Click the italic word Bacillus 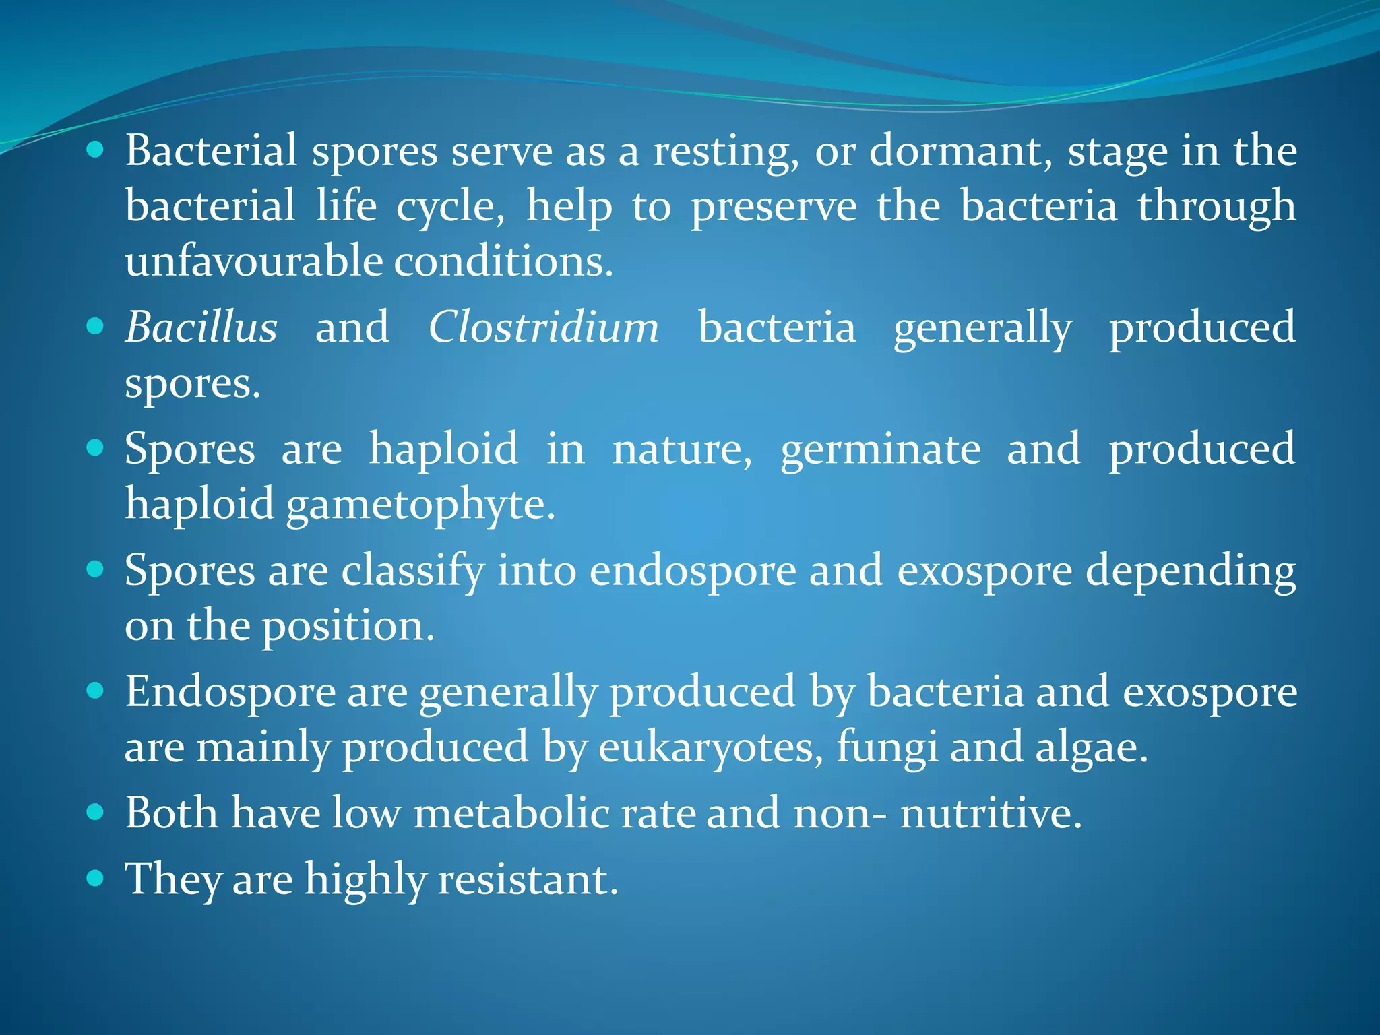point(201,328)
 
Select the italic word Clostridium point(543,328)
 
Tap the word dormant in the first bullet point(960,151)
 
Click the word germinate point(880,450)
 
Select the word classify point(412,572)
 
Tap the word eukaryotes point(710,749)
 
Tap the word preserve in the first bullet point(774,207)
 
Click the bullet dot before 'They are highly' point(96,878)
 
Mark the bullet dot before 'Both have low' point(96,812)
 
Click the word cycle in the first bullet point(449,207)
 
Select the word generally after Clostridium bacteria point(982,328)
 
